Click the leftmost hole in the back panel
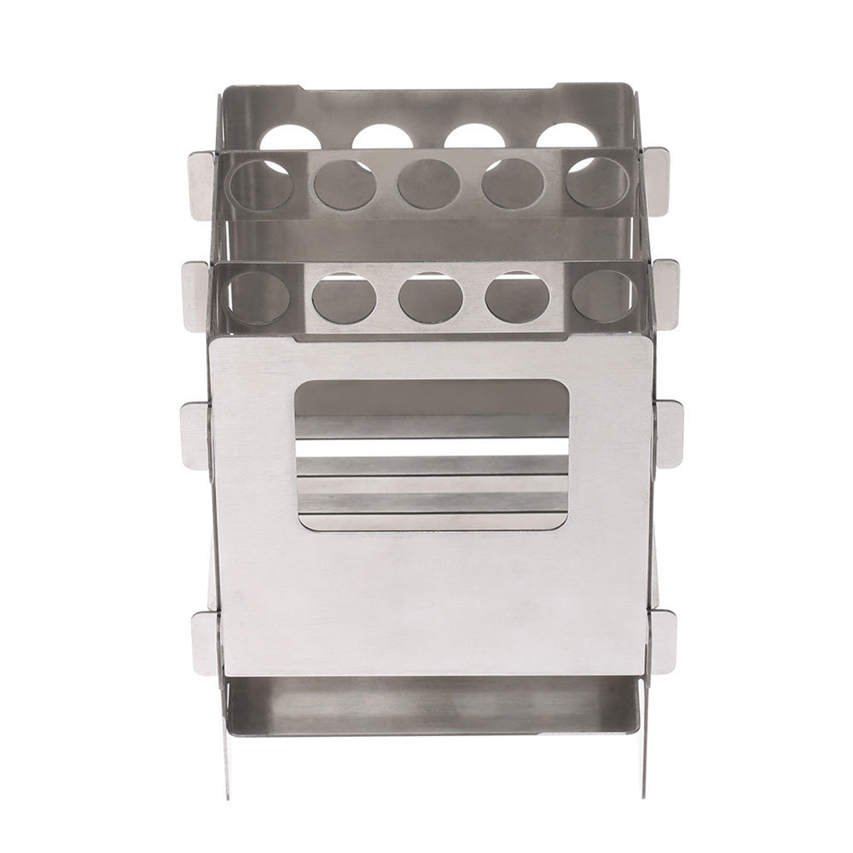point(290,138)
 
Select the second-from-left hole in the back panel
point(382,137)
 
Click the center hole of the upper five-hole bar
point(429,184)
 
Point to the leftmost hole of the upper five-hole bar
point(261,184)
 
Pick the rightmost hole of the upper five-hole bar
point(597,183)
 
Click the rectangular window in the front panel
point(432,455)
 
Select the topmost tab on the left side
point(202,184)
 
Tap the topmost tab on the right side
point(656,179)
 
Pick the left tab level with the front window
point(195,435)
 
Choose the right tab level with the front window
point(669,433)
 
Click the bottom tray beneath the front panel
point(431,706)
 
